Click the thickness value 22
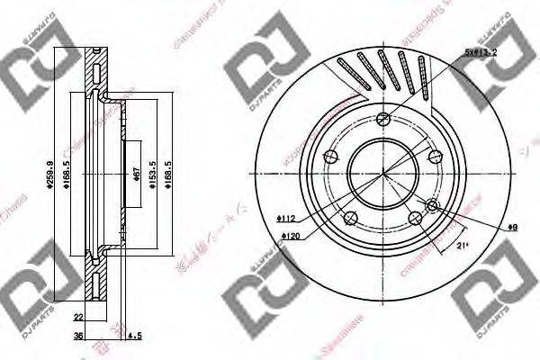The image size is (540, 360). (79, 317)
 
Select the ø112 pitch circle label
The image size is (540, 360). (285, 218)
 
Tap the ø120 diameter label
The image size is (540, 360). (290, 236)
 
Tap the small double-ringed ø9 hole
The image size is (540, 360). (434, 208)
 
